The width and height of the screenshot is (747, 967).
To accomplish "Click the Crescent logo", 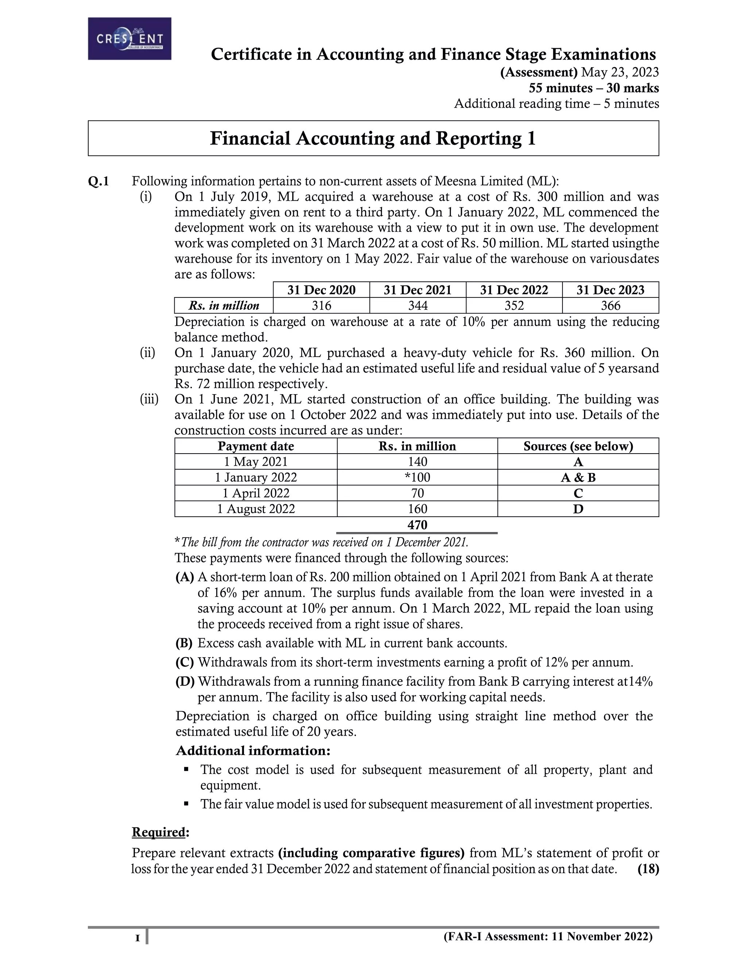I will (129, 39).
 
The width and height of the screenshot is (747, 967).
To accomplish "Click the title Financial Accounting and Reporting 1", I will (373, 139).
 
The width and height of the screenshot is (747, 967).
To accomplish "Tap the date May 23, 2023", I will (620, 72).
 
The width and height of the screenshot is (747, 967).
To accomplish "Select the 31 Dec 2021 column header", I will (417, 290).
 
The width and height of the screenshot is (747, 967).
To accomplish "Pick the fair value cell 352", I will (514, 305).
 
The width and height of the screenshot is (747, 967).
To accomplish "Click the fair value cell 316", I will (321, 305).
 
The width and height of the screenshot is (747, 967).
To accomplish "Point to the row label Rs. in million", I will (224, 305).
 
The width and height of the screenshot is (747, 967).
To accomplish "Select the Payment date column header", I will (256, 446).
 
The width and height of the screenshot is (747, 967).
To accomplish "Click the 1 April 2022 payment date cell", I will (256, 493).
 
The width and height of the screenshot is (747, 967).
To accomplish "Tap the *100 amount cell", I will (417, 477).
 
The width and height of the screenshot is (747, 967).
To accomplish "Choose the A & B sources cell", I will (578, 478).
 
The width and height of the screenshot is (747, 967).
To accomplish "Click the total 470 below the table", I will (417, 525).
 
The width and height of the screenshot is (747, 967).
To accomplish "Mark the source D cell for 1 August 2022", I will (578, 509).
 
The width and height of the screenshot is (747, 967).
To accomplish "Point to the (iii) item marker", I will (149, 399).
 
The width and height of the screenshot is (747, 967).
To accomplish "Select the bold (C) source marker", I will (185, 662).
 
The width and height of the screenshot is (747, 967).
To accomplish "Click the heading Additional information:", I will (253, 751).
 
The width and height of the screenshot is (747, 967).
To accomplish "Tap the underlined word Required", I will (158, 832).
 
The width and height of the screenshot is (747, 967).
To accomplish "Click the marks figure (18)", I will (648, 869).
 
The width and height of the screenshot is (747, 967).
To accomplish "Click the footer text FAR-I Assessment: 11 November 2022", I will (548, 936).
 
